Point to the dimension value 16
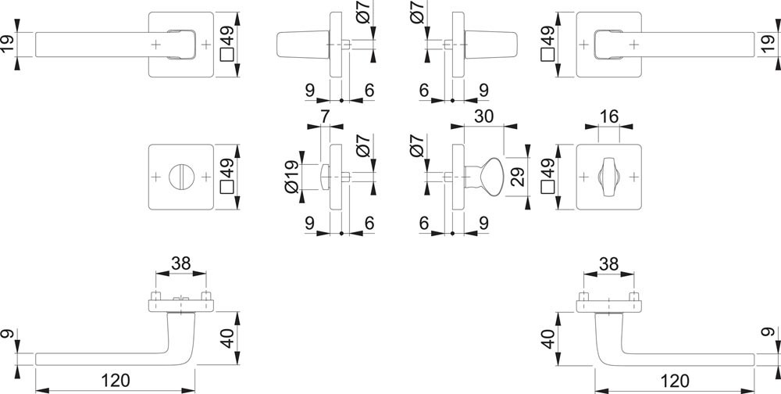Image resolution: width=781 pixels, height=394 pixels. point(608,116)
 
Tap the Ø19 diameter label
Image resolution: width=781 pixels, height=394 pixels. point(291,177)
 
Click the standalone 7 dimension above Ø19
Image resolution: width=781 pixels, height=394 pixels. point(326,116)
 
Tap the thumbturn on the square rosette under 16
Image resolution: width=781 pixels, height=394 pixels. point(608,176)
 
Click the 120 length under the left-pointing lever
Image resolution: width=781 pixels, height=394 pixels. point(115,381)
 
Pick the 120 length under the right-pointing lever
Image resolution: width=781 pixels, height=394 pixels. point(674,381)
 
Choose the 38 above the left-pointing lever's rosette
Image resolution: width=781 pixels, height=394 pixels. point(181,265)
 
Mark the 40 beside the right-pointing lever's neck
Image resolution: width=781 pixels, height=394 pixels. point(547,338)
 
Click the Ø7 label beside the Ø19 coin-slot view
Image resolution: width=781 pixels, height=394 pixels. point(361,149)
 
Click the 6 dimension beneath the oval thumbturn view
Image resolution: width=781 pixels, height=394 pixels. point(425,223)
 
